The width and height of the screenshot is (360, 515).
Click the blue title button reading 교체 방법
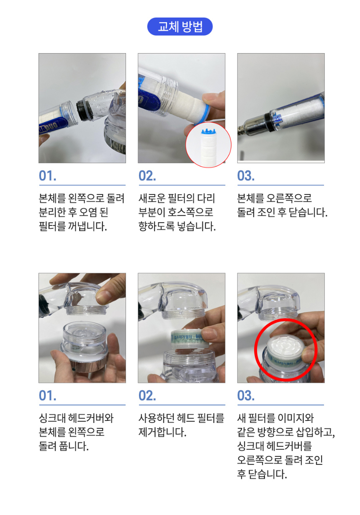(x=180, y=26)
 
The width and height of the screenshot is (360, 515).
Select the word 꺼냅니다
(x=87, y=226)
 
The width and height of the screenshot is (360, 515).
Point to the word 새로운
(x=152, y=198)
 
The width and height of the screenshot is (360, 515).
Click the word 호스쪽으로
(x=190, y=212)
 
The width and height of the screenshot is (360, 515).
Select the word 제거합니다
(x=162, y=432)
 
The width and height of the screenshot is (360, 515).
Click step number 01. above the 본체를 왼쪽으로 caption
(x=47, y=176)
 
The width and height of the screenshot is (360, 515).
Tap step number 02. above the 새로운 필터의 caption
(x=147, y=176)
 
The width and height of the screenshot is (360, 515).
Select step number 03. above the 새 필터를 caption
(x=246, y=396)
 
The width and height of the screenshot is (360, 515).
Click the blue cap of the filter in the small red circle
(x=208, y=132)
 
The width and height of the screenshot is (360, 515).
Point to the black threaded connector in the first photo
(x=82, y=109)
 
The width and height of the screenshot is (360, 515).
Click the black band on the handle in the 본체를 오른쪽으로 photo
(x=268, y=122)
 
